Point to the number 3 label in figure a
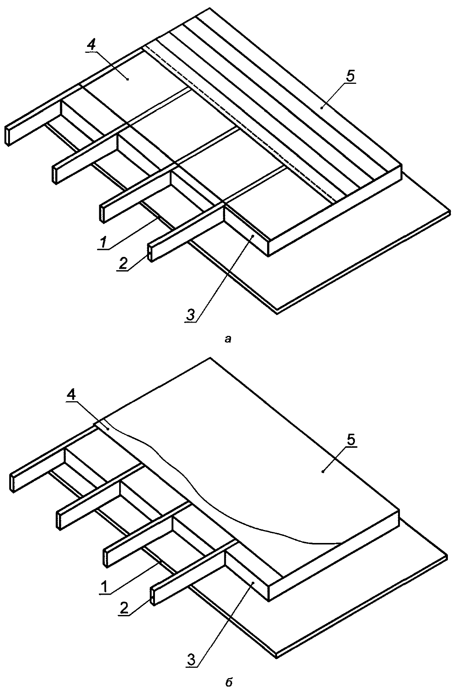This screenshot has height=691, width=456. coord(190,315)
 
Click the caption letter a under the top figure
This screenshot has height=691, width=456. coord(228,338)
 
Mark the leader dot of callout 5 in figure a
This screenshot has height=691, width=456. coord(322,108)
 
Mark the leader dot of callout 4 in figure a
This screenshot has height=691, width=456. coord(127,79)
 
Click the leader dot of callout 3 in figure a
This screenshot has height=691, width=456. coord(253,235)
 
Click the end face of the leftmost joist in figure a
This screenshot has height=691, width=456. coord(7,135)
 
